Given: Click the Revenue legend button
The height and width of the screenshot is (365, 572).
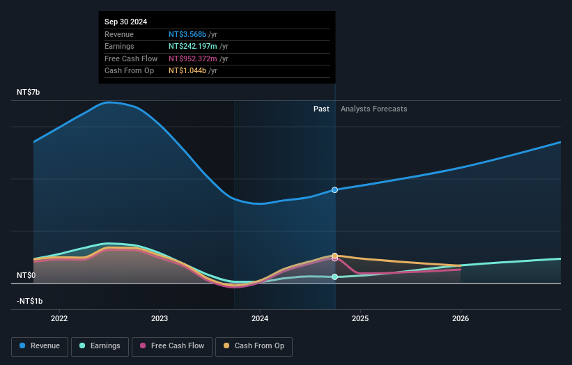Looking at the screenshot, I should [x=40, y=346].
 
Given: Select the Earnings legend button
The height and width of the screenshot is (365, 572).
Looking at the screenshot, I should [x=100, y=346].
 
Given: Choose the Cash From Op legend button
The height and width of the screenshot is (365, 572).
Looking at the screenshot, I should [x=254, y=346].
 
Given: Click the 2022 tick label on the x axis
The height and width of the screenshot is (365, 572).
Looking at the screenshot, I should [x=59, y=319].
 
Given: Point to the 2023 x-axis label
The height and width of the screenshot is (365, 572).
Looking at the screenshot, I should [x=160, y=319].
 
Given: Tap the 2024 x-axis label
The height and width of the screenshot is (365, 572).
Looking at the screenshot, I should [x=260, y=319].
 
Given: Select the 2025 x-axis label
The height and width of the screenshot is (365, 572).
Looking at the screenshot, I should [x=360, y=319].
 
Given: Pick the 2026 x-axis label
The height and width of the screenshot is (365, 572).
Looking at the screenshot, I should [x=461, y=319].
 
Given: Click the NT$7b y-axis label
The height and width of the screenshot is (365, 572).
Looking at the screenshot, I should [x=29, y=92].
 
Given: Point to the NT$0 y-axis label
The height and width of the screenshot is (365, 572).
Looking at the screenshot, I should [x=26, y=276].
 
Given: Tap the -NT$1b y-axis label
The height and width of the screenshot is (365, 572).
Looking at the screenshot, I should [x=30, y=301].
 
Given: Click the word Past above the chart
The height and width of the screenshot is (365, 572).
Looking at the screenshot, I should [x=321, y=109].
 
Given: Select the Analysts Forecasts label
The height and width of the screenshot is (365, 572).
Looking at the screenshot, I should [x=373, y=109].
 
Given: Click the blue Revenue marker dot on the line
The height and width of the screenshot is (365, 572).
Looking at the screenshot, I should [x=335, y=190].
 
